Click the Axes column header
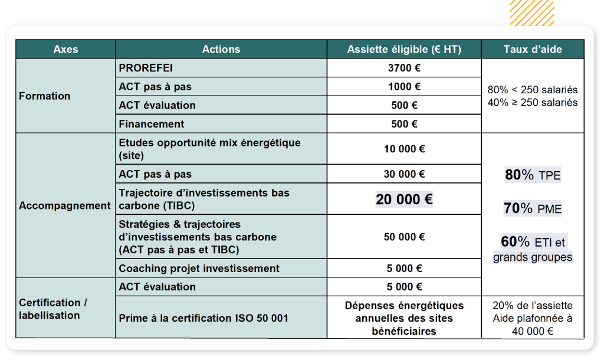pyautogui.click(x=65, y=50)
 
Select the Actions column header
pyautogui.click(x=221, y=50)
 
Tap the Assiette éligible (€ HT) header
pyautogui.click(x=404, y=50)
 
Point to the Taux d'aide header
pyautogui.click(x=533, y=50)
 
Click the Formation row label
pyautogui.click(x=45, y=96)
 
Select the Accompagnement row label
pyautogui.click(x=65, y=206)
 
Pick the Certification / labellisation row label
pyautogui.click(x=53, y=309)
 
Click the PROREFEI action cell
pyautogui.click(x=146, y=68)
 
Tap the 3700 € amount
pyautogui.click(x=404, y=68)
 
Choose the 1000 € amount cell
pyautogui.click(x=404, y=87)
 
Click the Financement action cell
pyautogui.click(x=152, y=124)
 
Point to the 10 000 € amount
pyautogui.click(x=404, y=149)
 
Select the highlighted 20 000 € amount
pyautogui.click(x=404, y=199)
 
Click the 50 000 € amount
pyautogui.click(x=404, y=237)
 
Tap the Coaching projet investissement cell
pyautogui.click(x=199, y=269)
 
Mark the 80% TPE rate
pyautogui.click(x=533, y=175)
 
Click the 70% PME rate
pyautogui.click(x=533, y=208)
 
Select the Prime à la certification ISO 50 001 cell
pyautogui.click(x=203, y=318)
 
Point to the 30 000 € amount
pyautogui.click(x=404, y=174)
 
